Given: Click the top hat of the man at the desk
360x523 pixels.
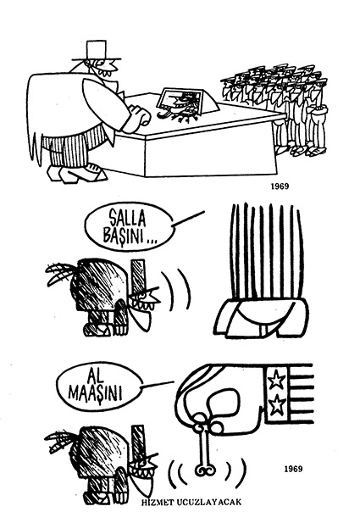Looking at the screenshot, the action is [x=97, y=51].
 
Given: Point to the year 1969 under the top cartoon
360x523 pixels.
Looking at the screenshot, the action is [x=280, y=186].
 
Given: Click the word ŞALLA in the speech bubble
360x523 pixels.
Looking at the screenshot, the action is [x=128, y=220].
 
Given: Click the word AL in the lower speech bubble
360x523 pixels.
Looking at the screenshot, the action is [x=96, y=377].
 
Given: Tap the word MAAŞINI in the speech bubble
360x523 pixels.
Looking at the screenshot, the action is [x=95, y=394].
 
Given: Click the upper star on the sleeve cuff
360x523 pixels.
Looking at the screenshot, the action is [x=276, y=381].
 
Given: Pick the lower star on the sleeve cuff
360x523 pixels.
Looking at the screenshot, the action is [x=276, y=405].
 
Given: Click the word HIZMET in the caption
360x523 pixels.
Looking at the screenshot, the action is [x=155, y=502].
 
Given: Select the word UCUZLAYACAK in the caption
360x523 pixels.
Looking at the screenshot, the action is [x=207, y=502].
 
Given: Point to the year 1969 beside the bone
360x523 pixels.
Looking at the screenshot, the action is [x=293, y=469].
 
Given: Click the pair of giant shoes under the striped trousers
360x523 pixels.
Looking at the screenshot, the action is [x=261, y=318].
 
